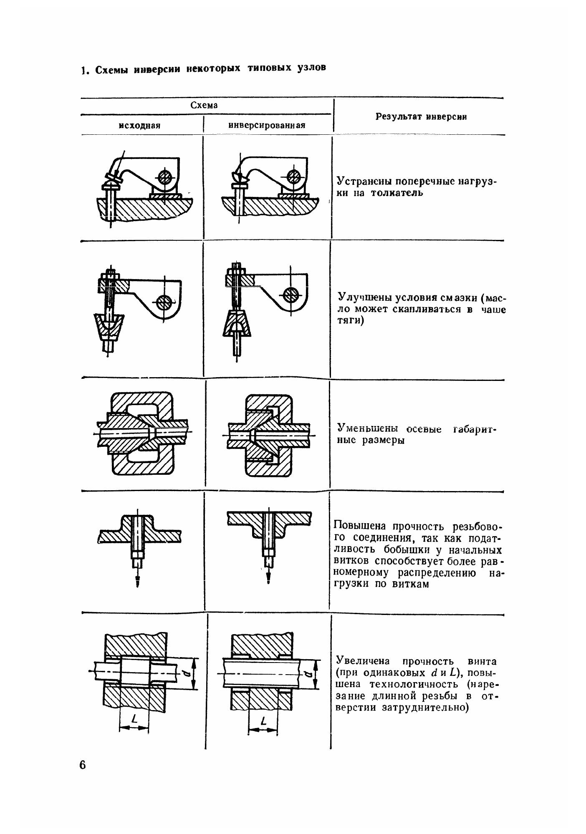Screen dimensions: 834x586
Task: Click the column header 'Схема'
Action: (x=204, y=105)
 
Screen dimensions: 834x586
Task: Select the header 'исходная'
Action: (x=139, y=126)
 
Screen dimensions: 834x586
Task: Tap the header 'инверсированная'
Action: (x=267, y=125)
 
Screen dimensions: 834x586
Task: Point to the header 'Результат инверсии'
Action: (x=421, y=117)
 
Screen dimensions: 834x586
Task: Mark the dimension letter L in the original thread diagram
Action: (x=134, y=718)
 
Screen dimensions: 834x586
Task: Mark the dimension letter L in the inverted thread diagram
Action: (x=263, y=720)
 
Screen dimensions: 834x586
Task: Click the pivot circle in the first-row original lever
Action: (x=166, y=177)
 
